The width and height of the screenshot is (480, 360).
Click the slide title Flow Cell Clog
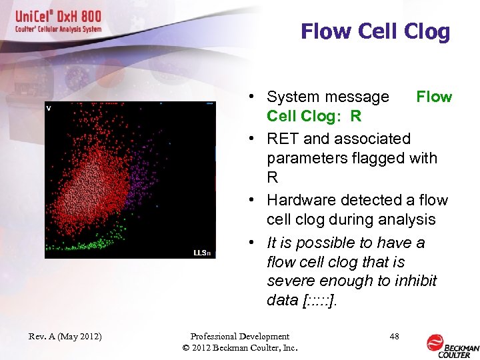pyautogui.click(x=375, y=31)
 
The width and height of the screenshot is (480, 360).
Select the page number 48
pyautogui.click(x=394, y=337)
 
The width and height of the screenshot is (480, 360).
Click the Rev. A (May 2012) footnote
pyautogui.click(x=65, y=337)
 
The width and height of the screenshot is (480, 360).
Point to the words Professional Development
pyautogui.click(x=239, y=337)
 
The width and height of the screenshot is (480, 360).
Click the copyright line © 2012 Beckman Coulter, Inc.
pyautogui.click(x=239, y=348)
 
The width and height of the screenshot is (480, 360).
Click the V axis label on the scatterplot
pyautogui.click(x=49, y=107)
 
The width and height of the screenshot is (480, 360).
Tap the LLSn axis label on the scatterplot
pyautogui.click(x=202, y=253)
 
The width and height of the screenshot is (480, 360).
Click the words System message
pyautogui.click(x=327, y=97)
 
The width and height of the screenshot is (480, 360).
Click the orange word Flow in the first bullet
pyautogui.click(x=434, y=97)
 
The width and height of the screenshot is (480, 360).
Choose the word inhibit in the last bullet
pyautogui.click(x=414, y=281)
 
